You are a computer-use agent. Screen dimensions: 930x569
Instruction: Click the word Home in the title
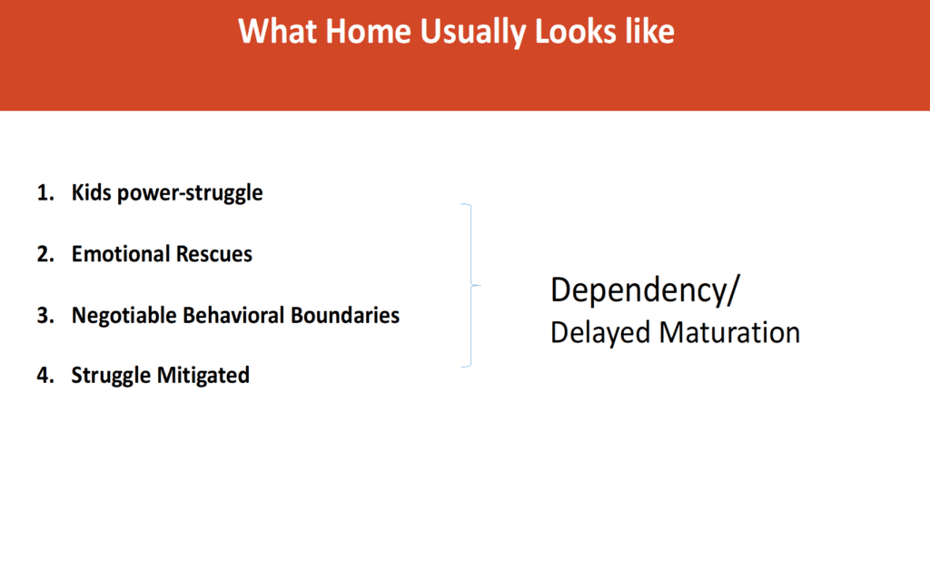pyautogui.click(x=368, y=32)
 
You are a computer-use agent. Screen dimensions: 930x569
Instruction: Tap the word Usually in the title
pyautogui.click(x=472, y=33)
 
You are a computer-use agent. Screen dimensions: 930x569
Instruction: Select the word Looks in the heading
pyautogui.click(x=575, y=32)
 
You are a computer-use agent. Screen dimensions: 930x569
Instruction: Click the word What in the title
pyautogui.click(x=277, y=32)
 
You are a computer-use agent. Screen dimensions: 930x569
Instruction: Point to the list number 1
pyautogui.click(x=45, y=192)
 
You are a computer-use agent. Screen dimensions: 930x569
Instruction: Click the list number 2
pyautogui.click(x=45, y=254)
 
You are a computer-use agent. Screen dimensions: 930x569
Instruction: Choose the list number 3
pyautogui.click(x=45, y=315)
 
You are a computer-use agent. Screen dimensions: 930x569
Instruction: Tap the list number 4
pyautogui.click(x=45, y=375)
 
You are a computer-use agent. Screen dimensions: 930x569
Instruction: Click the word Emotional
pyautogui.click(x=121, y=254)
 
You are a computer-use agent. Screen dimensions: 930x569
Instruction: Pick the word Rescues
pyautogui.click(x=214, y=254)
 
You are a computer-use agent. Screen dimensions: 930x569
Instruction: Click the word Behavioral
pyautogui.click(x=233, y=315)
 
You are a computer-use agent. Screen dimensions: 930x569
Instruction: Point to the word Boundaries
pyautogui.click(x=345, y=315)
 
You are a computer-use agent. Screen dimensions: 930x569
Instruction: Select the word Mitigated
pyautogui.click(x=203, y=376)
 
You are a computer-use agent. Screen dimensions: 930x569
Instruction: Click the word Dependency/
pyautogui.click(x=646, y=291)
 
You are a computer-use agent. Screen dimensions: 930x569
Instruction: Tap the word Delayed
pyautogui.click(x=601, y=333)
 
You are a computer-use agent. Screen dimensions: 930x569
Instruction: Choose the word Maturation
pyautogui.click(x=729, y=332)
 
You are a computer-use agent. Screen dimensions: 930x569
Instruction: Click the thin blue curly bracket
pyautogui.click(x=471, y=286)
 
